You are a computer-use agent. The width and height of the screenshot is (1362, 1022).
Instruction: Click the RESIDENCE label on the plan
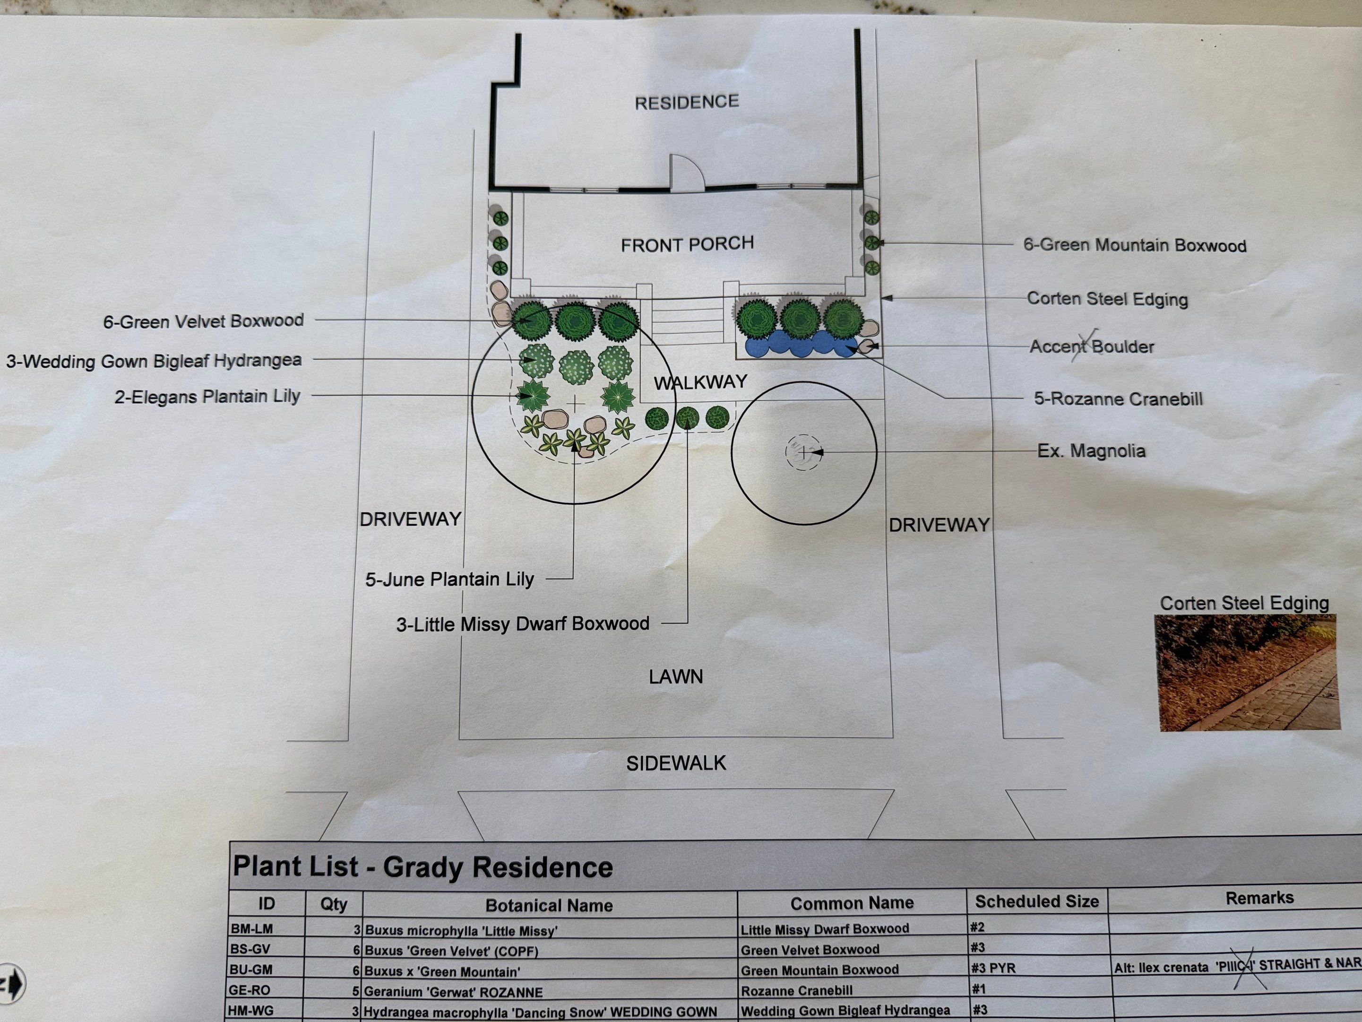[687, 102]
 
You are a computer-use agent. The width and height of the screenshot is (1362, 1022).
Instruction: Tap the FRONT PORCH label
[687, 244]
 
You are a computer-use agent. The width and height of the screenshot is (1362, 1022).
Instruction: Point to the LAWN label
[675, 677]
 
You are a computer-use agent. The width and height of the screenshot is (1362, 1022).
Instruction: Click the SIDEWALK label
[676, 764]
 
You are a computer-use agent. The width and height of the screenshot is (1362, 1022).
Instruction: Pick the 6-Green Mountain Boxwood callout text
[1134, 245]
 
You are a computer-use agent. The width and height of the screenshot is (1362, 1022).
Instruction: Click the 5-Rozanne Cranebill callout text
[1118, 398]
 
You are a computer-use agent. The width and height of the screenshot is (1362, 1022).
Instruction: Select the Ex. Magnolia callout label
[1091, 451]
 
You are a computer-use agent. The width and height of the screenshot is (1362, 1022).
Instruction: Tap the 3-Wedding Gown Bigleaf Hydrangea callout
[154, 360]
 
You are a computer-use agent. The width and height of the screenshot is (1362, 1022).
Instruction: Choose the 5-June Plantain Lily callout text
[449, 580]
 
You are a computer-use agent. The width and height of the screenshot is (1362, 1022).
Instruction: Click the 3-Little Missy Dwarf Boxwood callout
[522, 624]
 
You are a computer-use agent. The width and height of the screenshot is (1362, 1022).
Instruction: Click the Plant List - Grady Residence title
[422, 867]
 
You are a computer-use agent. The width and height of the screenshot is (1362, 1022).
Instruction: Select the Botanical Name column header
[549, 905]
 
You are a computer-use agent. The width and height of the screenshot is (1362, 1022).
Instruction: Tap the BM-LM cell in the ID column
[251, 928]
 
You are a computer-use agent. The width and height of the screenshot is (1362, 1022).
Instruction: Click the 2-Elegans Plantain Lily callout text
[207, 397]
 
